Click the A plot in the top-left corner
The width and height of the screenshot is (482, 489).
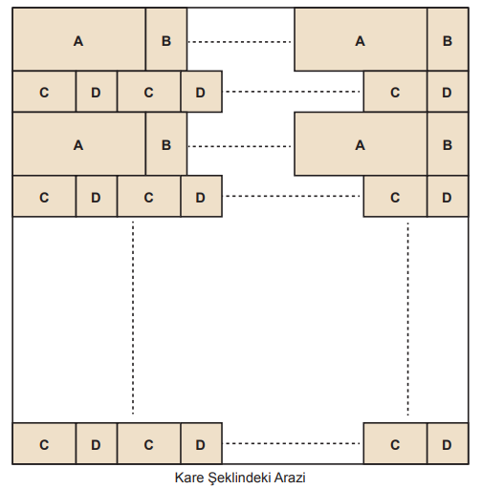79,39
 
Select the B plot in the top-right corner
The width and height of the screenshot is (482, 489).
448,39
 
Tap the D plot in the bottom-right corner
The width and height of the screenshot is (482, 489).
448,443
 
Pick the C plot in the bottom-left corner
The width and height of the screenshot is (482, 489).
44,443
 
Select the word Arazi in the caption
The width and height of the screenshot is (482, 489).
290,478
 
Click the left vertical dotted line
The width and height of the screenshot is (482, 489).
133,317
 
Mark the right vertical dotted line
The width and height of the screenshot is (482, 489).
408,318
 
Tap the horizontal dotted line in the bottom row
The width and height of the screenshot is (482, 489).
293,443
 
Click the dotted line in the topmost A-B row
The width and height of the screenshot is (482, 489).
240,42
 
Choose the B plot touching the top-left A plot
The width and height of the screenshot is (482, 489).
166,39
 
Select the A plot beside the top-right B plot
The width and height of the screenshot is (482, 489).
361,39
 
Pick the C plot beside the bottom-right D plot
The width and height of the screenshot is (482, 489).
395,443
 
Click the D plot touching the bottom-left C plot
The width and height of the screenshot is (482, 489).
97,443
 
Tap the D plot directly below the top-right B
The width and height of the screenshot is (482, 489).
448,92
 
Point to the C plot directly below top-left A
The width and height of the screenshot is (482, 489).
44,92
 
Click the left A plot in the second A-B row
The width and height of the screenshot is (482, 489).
79,144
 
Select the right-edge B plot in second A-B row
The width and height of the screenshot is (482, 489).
448,144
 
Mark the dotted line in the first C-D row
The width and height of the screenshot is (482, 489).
293,92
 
